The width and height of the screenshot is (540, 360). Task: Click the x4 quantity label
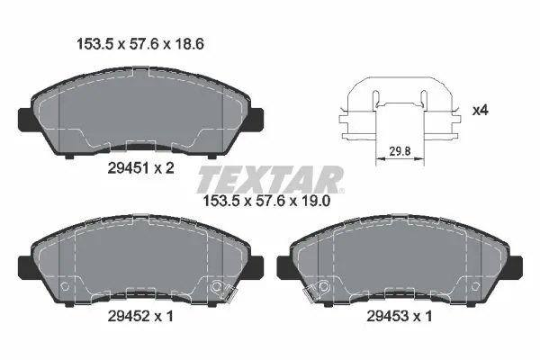coord(481,112)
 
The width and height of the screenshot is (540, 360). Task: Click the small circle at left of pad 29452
coord(64,288)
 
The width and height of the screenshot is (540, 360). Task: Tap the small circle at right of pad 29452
coord(216,288)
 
